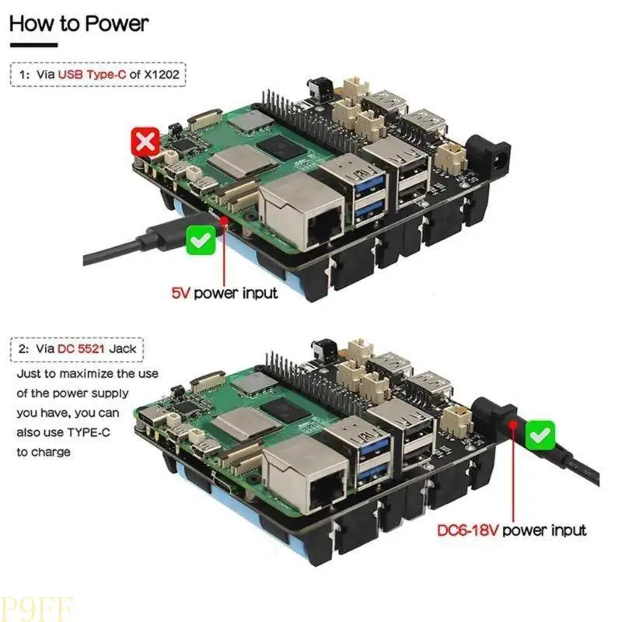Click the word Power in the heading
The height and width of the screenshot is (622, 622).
coord(117,23)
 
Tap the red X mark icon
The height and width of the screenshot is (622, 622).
coord(145,142)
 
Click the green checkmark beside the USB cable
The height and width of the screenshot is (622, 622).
coord(201,240)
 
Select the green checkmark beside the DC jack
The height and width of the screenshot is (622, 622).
coord(540,435)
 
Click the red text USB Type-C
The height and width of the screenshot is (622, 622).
coord(92,74)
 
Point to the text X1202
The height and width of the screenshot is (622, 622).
coord(162,74)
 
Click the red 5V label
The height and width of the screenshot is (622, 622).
coord(180,293)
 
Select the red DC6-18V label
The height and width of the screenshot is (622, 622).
coord(467,530)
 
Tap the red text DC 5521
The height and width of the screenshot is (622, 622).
coord(81,348)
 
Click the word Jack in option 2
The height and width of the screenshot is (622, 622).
coord(123,348)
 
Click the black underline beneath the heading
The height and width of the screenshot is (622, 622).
coord(34,45)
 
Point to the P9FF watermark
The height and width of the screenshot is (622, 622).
coord(37,610)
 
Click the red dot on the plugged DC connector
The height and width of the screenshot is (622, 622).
coord(513,425)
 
